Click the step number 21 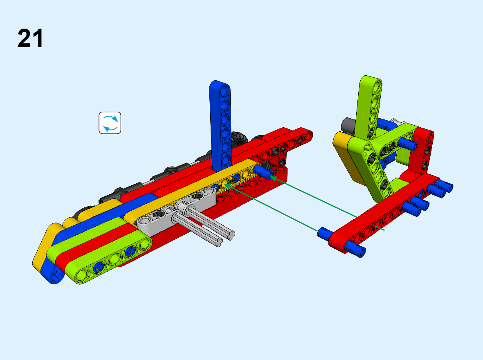click(30, 38)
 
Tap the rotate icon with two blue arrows click(110, 123)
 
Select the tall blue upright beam click(221, 125)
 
